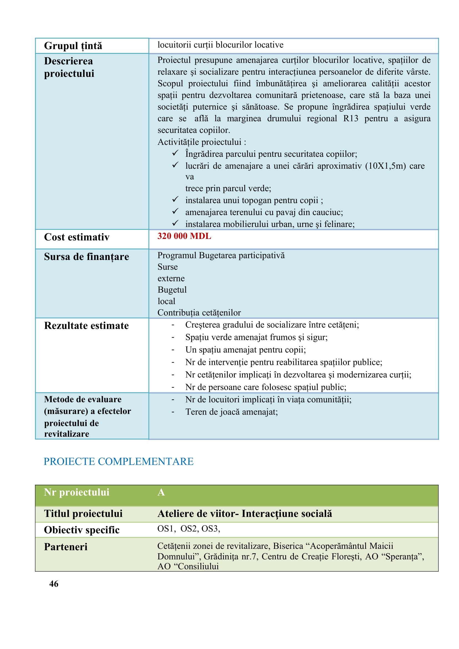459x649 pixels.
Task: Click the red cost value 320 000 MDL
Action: (x=184, y=236)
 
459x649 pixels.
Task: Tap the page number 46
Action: (x=54, y=584)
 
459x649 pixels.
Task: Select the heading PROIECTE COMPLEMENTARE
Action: (x=118, y=461)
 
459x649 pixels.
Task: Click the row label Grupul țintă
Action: (x=73, y=46)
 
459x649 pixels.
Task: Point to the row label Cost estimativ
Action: (x=77, y=237)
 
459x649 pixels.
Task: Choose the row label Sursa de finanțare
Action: (x=87, y=257)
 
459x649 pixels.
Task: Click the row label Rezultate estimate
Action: (x=86, y=326)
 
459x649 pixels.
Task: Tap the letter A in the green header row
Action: (x=161, y=493)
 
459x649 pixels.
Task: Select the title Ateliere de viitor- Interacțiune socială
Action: (x=244, y=514)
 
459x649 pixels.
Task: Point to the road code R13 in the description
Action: (x=350, y=118)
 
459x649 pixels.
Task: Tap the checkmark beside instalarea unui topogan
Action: (x=175, y=200)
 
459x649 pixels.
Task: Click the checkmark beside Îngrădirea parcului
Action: (x=175, y=153)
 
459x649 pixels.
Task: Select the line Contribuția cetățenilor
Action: (x=199, y=313)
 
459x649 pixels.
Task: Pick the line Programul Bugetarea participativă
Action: (x=221, y=255)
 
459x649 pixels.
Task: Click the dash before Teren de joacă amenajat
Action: (x=173, y=412)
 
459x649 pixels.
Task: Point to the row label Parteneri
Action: (x=65, y=547)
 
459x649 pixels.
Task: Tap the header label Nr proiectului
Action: (x=77, y=493)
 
